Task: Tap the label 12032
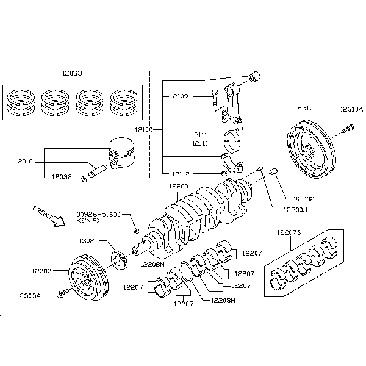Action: click(60, 177)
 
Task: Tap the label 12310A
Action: click(351, 110)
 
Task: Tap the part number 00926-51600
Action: click(99, 214)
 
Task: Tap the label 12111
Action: click(199, 135)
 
